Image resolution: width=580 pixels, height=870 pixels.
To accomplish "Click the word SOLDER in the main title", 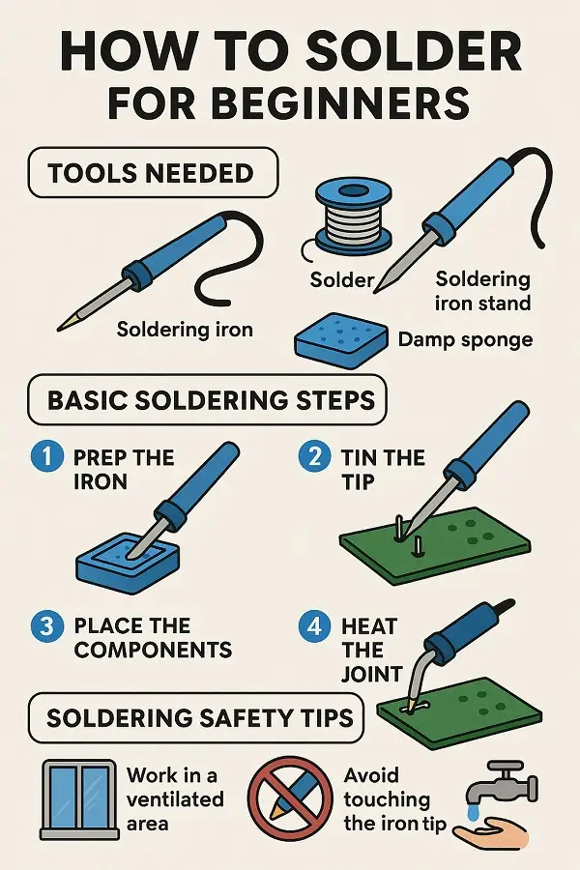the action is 413,51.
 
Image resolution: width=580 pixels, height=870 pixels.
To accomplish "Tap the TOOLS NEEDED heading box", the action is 153,173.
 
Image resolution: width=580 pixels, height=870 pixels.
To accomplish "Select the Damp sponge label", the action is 465,339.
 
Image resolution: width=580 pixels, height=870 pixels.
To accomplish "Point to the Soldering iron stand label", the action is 483,291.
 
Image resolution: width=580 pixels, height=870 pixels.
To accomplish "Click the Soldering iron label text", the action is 185,331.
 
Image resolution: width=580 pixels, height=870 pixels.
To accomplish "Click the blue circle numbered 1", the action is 47,457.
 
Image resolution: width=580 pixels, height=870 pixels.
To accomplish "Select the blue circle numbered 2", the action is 315,457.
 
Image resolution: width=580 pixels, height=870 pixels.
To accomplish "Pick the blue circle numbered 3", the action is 47,625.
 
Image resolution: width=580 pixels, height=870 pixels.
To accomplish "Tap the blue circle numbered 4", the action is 315,625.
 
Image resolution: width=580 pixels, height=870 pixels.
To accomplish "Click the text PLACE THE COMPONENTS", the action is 153,638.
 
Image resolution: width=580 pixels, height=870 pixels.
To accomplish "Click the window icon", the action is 80,799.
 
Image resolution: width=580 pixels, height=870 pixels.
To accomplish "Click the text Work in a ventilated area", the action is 175,799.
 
